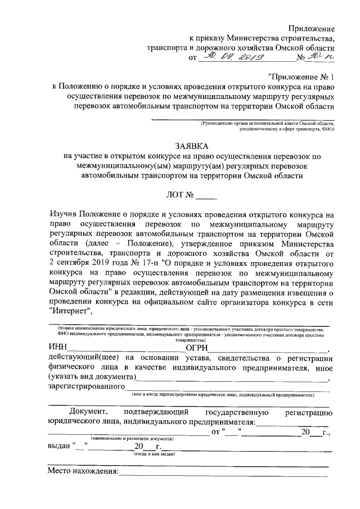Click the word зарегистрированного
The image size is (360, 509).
[x=86, y=387]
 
